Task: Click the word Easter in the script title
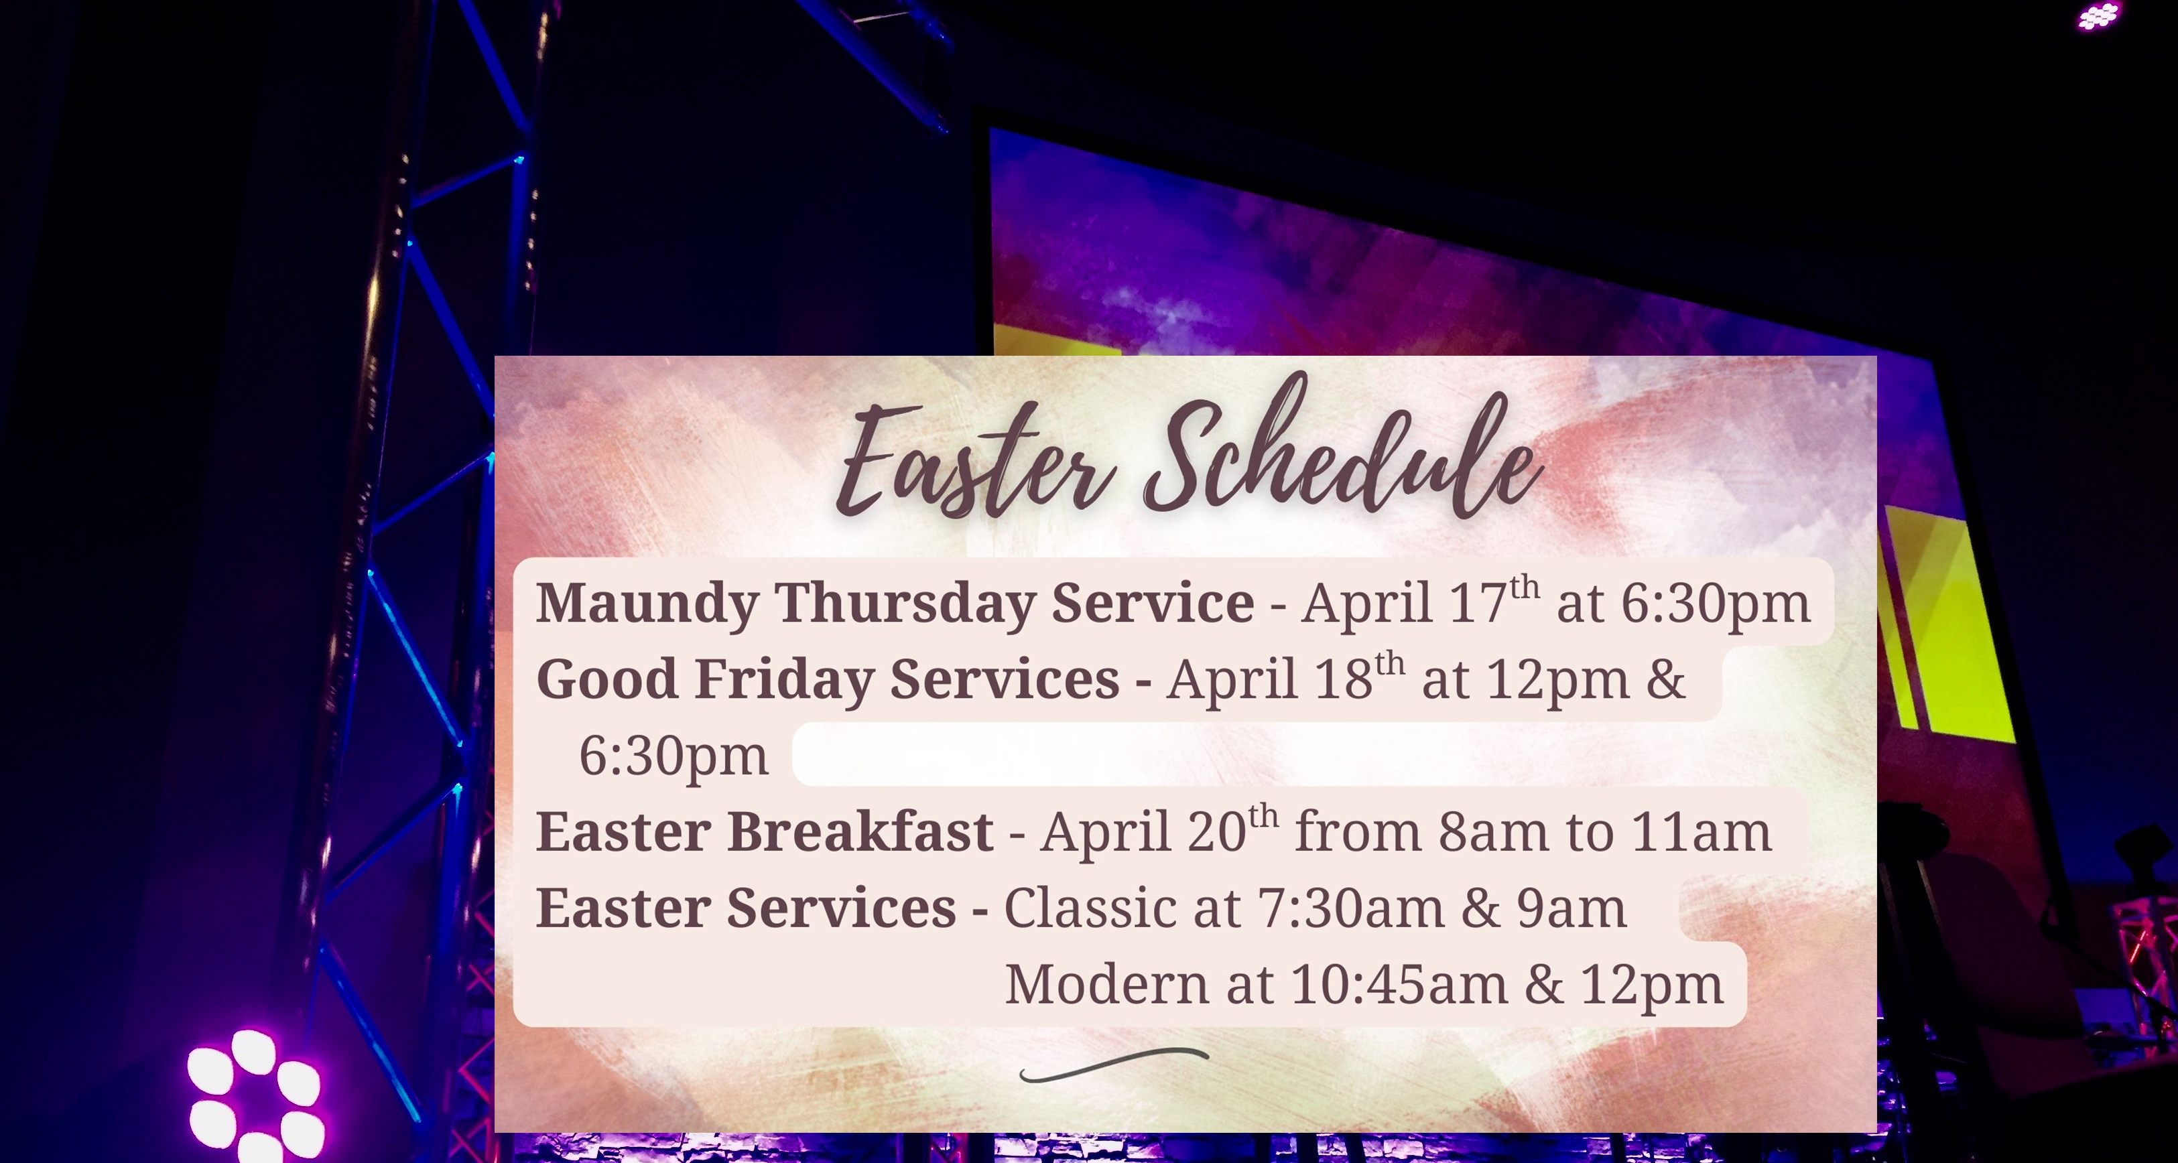pyautogui.click(x=976, y=461)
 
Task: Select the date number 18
pyautogui.click(x=1342, y=679)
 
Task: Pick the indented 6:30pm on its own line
pyautogui.click(x=674, y=756)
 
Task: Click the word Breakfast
pyautogui.click(x=860, y=831)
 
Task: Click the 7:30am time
pyautogui.click(x=1350, y=908)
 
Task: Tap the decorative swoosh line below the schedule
pyautogui.click(x=1114, y=1063)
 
